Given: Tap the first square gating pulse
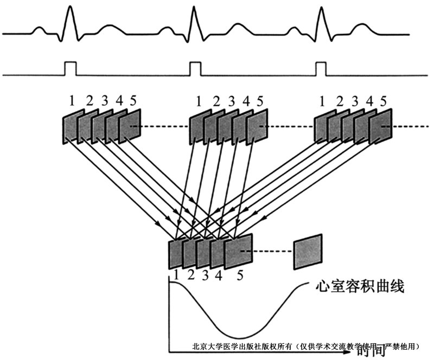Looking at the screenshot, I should tap(70, 69).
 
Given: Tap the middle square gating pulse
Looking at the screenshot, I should tap(195, 69).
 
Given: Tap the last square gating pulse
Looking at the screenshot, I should tap(321, 69).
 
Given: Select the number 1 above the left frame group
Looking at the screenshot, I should tap(71, 101).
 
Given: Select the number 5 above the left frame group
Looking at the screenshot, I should tap(133, 101).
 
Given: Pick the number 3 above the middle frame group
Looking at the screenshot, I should tap(231, 101).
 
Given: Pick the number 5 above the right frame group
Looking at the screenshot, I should tap(384, 101).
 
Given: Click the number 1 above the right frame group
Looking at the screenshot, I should tap(322, 101).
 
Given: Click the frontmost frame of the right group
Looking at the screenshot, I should tap(381, 126).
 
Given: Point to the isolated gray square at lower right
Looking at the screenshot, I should tap(308, 252).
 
